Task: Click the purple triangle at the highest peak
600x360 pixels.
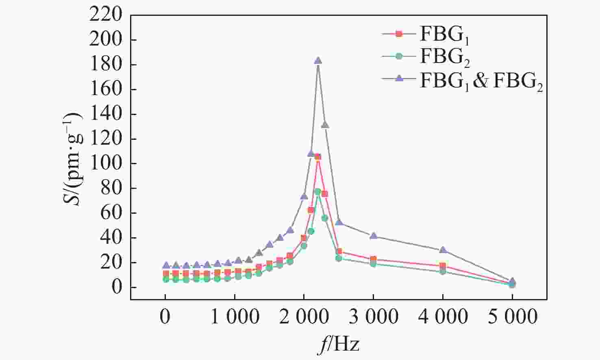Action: pyautogui.click(x=318, y=61)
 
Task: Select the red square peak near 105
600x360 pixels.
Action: pyautogui.click(x=318, y=157)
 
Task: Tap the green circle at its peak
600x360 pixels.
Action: pyautogui.click(x=317, y=191)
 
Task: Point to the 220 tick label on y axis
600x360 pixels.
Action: pyautogui.click(x=107, y=15)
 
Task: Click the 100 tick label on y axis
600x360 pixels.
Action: pyautogui.click(x=107, y=164)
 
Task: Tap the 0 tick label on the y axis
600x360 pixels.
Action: pyautogui.click(x=117, y=287)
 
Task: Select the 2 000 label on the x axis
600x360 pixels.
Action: pyautogui.click(x=304, y=317)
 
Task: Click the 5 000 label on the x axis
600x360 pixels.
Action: pyautogui.click(x=512, y=317)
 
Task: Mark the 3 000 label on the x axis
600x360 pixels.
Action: pyautogui.click(x=373, y=317)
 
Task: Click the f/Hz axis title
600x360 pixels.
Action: pyautogui.click(x=339, y=345)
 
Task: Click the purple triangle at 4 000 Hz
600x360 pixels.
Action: pyautogui.click(x=443, y=250)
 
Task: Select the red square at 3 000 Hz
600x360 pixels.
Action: pyautogui.click(x=373, y=259)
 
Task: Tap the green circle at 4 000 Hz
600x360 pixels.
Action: pyautogui.click(x=443, y=271)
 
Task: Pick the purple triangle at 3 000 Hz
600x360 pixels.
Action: pyautogui.click(x=373, y=236)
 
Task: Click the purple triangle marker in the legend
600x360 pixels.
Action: pyautogui.click(x=399, y=79)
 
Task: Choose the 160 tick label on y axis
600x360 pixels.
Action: pyautogui.click(x=107, y=89)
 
